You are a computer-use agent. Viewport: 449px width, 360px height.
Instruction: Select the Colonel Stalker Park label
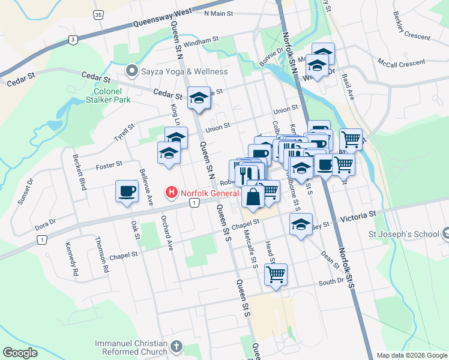[x=108, y=96]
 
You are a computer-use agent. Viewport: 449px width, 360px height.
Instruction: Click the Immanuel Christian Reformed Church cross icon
[x=176, y=346]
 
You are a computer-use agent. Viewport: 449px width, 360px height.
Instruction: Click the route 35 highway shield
[x=99, y=14]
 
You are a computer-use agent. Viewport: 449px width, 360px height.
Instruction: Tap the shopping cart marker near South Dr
[x=276, y=275]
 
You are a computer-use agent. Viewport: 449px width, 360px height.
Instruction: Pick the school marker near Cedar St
[x=199, y=98]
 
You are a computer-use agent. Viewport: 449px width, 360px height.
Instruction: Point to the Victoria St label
[x=359, y=214]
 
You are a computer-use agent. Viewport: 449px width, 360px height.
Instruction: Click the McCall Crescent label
[x=402, y=62]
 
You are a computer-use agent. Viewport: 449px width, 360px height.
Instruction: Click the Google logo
[x=20, y=353]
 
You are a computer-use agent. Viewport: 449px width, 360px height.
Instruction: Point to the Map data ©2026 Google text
[x=411, y=355]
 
